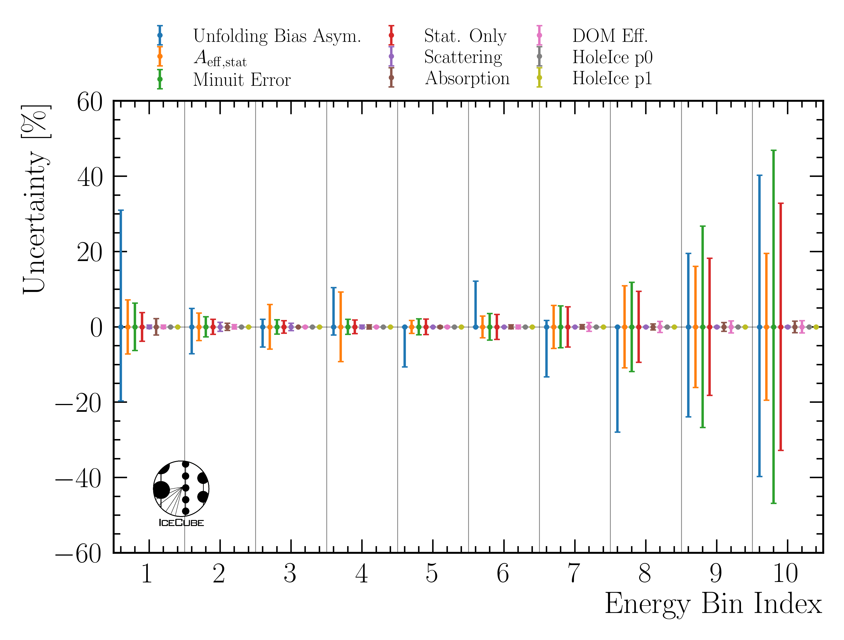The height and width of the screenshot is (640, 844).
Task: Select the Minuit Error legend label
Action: pyautogui.click(x=242, y=80)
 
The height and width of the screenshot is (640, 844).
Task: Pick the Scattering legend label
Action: pyautogui.click(x=463, y=57)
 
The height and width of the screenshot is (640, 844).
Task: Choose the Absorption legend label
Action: pyautogui.click(x=467, y=78)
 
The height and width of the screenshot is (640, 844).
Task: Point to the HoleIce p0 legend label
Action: pyautogui.click(x=612, y=57)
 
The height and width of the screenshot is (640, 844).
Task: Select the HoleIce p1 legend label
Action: pyautogui.click(x=612, y=78)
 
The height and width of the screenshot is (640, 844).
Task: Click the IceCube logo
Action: pyautogui.click(x=181, y=493)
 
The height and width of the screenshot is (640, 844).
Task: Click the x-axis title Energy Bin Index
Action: pyautogui.click(x=713, y=604)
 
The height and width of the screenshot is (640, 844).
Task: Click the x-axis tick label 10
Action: pyautogui.click(x=785, y=574)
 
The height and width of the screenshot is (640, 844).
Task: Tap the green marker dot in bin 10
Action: pyautogui.click(x=773, y=327)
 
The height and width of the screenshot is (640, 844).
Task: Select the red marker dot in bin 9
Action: pyautogui.click(x=710, y=327)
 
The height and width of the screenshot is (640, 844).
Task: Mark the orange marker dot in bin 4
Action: pyautogui.click(x=341, y=327)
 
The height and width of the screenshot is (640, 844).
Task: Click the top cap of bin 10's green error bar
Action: pyautogui.click(x=773, y=151)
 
